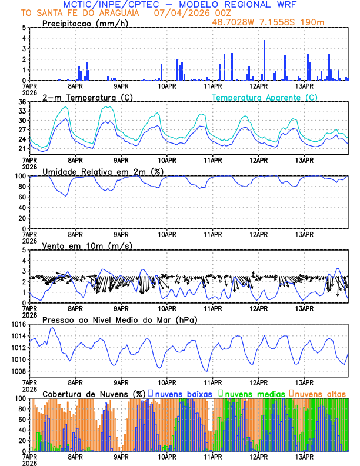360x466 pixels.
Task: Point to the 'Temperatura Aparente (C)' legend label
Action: (x=264, y=97)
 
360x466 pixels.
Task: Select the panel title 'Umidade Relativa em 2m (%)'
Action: (x=103, y=171)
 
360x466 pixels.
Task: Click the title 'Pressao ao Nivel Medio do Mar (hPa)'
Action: (x=119, y=319)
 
